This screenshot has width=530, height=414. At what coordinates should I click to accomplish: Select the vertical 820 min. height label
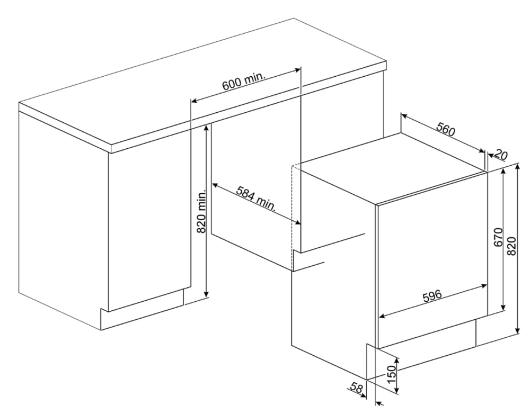point(201,211)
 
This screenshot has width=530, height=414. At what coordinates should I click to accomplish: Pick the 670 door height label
point(499,237)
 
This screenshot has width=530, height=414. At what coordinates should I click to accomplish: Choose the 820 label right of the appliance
point(512,246)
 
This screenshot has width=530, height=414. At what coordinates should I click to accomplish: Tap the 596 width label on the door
point(432,296)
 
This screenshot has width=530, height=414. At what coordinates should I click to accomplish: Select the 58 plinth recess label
point(357,388)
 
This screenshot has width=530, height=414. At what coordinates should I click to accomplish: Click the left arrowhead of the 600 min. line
point(193,101)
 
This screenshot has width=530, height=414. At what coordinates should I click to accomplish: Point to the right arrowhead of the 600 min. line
point(298,70)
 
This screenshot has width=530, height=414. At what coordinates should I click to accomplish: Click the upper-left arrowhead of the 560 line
point(403,115)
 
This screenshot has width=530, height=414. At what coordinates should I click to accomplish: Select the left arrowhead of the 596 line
point(382,316)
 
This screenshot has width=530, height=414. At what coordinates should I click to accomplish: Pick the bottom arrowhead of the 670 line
point(503,307)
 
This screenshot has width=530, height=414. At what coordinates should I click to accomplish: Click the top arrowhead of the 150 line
point(397,361)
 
